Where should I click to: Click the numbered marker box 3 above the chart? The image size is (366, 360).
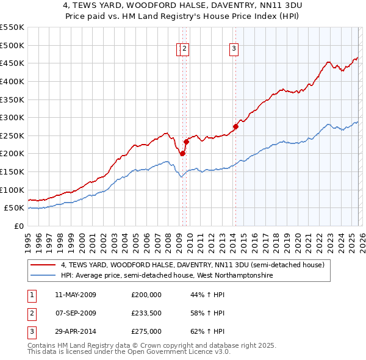click(234, 50)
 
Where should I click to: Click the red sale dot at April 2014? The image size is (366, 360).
click(235, 127)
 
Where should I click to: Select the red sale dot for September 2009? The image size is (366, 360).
click(186, 142)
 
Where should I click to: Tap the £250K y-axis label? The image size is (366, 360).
click(12, 135)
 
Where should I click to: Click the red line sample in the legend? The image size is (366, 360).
click(43, 265)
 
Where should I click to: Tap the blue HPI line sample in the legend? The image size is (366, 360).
click(43, 275)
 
